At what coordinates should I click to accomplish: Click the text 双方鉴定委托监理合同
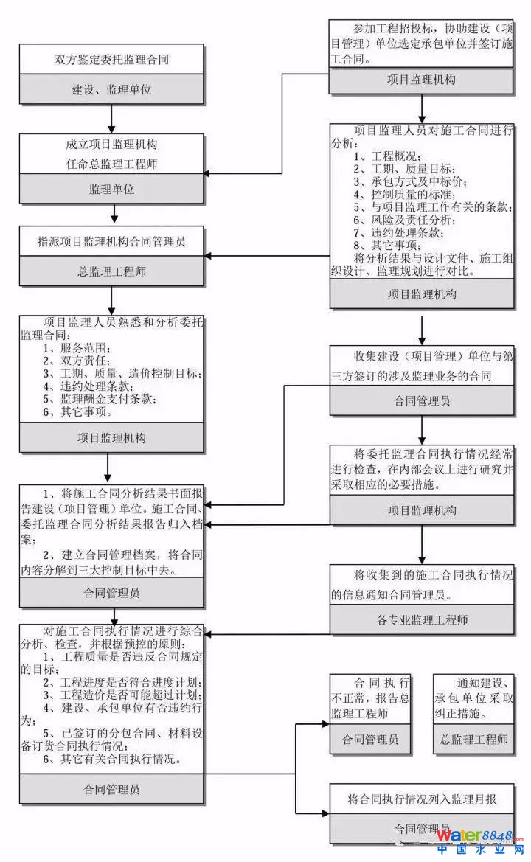coord(111,59)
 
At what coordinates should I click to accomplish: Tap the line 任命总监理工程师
coord(111,164)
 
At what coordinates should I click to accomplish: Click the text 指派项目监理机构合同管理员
coord(111,241)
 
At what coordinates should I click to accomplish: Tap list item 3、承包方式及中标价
coord(409,181)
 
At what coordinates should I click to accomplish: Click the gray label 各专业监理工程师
coord(421,619)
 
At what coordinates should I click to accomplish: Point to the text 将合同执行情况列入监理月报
coord(421,799)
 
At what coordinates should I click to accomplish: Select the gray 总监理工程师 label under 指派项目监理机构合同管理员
coord(111,271)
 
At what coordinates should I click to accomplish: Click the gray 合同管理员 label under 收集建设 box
coord(421,402)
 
